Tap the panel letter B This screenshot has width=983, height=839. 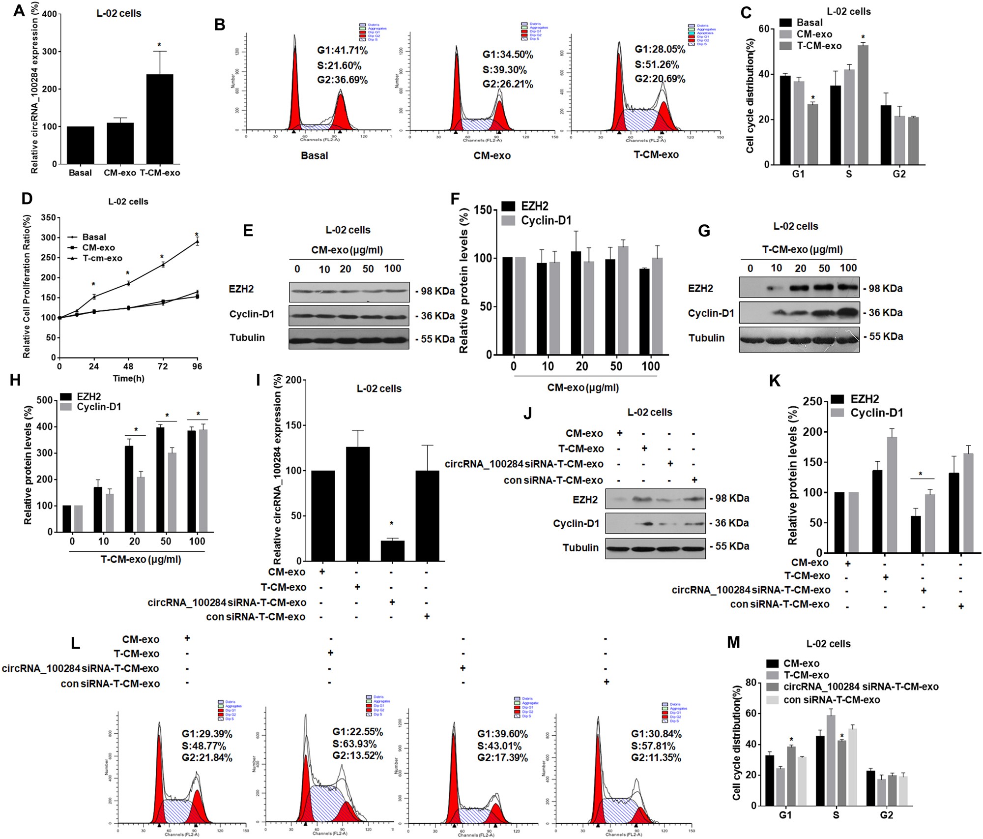(x=220, y=24)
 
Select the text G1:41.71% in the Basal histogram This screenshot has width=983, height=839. (x=342, y=50)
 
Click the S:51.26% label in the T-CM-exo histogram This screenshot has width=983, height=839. (x=657, y=64)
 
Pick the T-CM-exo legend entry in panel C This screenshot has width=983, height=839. (x=819, y=46)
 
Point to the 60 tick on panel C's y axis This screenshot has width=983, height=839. (x=763, y=29)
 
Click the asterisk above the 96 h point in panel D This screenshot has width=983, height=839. (x=197, y=235)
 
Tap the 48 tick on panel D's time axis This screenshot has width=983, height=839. (x=128, y=366)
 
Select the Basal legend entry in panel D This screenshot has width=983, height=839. (x=94, y=237)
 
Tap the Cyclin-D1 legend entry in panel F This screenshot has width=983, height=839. (x=546, y=221)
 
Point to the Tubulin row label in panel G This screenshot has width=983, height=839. (x=706, y=338)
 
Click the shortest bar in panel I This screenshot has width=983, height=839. (x=392, y=551)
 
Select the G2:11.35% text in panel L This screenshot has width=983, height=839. (x=656, y=757)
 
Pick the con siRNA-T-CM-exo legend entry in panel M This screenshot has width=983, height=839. (x=831, y=700)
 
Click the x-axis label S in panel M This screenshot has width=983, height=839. (x=836, y=815)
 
